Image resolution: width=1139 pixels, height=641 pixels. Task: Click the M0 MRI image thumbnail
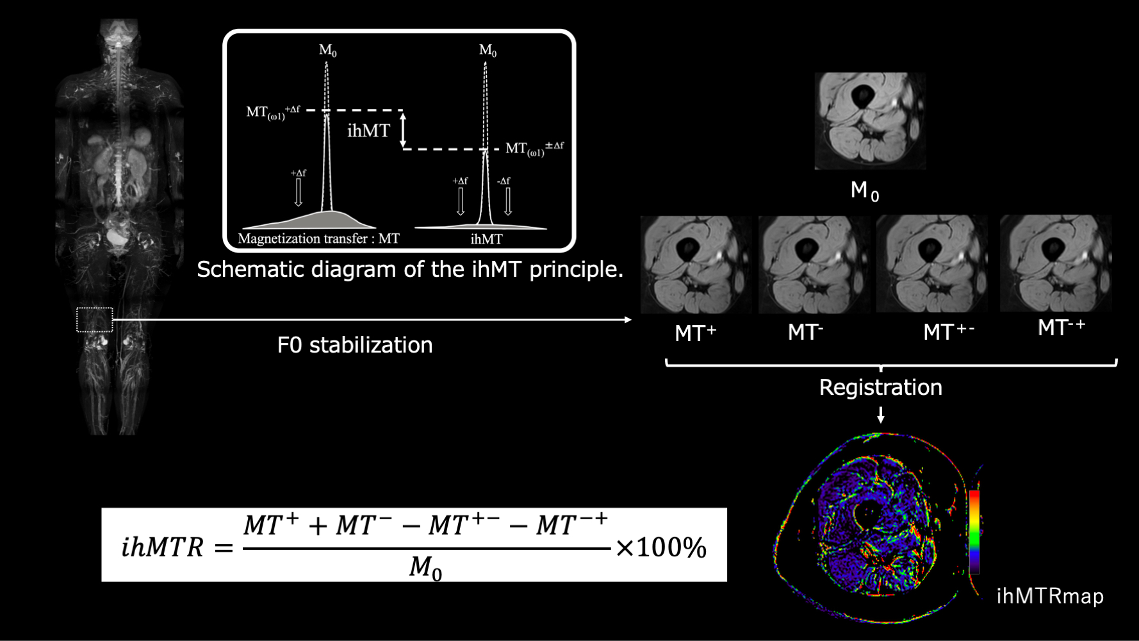coord(869,121)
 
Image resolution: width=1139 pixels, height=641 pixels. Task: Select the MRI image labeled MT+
coord(696,264)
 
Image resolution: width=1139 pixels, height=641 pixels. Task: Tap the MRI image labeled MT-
coord(814,264)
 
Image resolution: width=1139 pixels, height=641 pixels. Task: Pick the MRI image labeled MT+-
coord(931,264)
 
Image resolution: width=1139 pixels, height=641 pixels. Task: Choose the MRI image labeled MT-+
coord(1055,263)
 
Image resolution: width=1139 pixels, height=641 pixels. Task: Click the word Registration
coord(880,388)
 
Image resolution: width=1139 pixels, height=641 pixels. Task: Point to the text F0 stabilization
coord(354,345)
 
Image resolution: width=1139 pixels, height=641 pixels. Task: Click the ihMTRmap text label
coord(1049,597)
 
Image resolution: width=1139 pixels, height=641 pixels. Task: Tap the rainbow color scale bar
coord(974,531)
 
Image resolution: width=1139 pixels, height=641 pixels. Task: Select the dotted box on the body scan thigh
coord(95,319)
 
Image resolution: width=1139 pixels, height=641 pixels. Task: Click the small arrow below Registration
coord(881,415)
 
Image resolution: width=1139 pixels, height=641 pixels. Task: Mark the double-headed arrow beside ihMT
coord(403,131)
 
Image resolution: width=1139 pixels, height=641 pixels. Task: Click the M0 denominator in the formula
coord(425,568)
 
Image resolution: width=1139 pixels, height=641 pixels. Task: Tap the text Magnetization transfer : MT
coord(318,239)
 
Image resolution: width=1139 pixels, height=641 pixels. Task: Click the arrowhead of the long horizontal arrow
coord(628,319)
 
